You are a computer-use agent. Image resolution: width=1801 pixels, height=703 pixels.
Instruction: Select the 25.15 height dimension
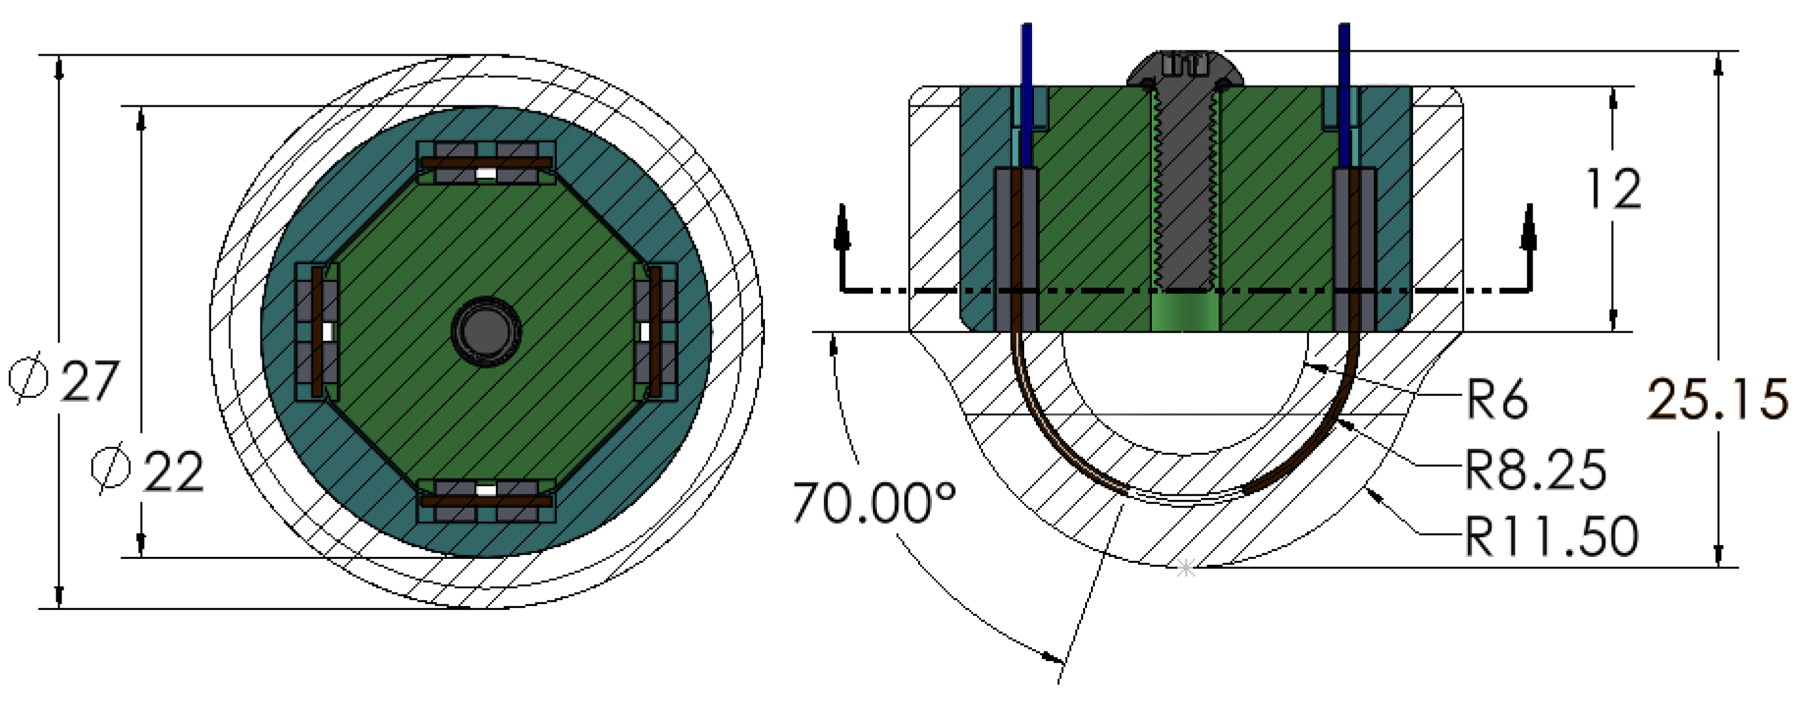pyautogui.click(x=1717, y=399)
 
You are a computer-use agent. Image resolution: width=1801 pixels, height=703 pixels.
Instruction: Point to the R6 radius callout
pyautogui.click(x=1496, y=399)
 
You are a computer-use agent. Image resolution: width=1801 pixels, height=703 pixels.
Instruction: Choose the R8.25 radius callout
pyautogui.click(x=1535, y=470)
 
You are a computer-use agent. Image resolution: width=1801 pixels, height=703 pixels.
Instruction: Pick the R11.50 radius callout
pyautogui.click(x=1551, y=537)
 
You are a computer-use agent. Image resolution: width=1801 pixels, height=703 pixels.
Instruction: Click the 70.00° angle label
pyautogui.click(x=874, y=502)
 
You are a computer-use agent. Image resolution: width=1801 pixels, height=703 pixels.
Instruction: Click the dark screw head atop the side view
pyautogui.click(x=1186, y=68)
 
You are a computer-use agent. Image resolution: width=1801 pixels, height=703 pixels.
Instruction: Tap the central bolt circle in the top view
pyautogui.click(x=487, y=333)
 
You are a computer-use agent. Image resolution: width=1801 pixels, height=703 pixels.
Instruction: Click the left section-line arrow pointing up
pyautogui.click(x=842, y=227)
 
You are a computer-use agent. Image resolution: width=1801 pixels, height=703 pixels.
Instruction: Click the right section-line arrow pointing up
pyautogui.click(x=1528, y=227)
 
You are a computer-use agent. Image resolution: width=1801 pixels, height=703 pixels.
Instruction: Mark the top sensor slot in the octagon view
pyautogui.click(x=487, y=162)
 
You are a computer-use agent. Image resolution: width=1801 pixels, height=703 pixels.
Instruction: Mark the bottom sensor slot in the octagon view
pyautogui.click(x=487, y=500)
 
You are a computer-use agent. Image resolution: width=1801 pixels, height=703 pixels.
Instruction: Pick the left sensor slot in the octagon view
pyautogui.click(x=317, y=333)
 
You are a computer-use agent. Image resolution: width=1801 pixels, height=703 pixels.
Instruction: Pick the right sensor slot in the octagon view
pyautogui.click(x=655, y=333)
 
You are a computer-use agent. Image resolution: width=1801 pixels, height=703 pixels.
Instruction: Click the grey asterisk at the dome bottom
pyautogui.click(x=1186, y=568)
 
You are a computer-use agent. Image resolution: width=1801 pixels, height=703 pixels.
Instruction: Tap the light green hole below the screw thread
pyautogui.click(x=1185, y=312)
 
